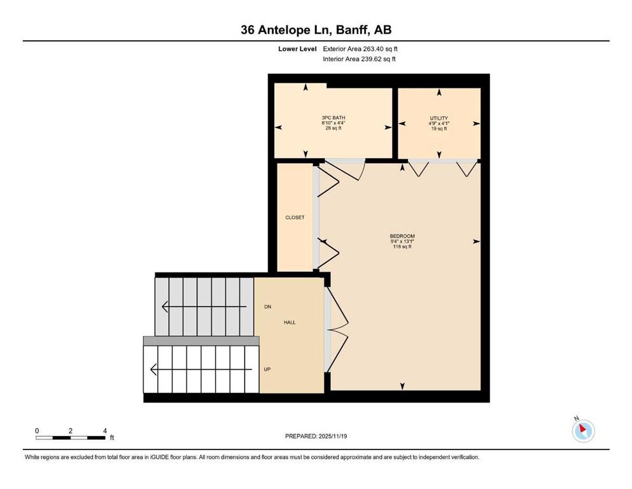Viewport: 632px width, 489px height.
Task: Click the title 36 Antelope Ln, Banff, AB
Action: point(316,29)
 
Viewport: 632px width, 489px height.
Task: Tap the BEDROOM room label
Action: point(402,236)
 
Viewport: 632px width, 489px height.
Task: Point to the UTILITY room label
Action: point(439,118)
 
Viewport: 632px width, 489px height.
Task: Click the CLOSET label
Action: point(295,217)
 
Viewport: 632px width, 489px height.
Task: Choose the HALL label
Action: point(290,322)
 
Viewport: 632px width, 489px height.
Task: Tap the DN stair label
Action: point(268,307)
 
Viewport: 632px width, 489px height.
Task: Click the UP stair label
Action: point(268,369)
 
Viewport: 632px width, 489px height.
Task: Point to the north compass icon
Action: point(583,430)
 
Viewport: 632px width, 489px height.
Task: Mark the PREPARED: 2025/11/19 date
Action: point(316,436)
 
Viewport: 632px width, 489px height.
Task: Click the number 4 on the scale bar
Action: point(104,430)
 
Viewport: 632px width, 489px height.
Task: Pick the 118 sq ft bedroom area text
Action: point(402,247)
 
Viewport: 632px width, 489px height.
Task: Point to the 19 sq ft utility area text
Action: point(439,129)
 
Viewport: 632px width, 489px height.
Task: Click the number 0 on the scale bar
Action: point(37,430)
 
